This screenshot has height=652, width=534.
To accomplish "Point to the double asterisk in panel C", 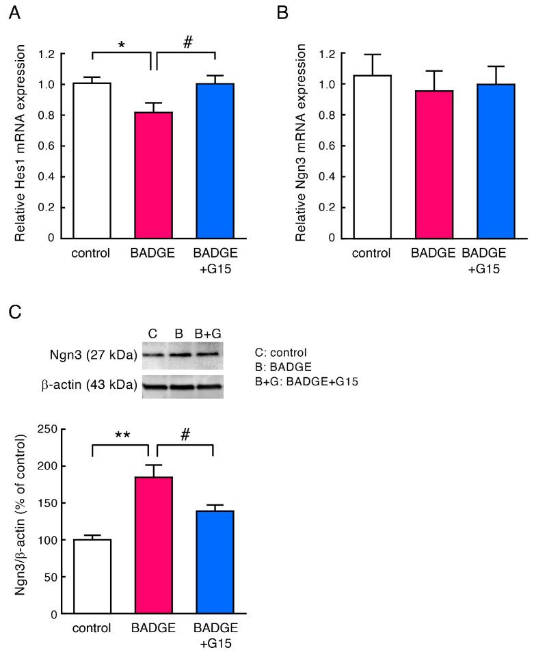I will coord(121,435).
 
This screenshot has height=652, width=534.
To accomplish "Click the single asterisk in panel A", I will coord(121,46).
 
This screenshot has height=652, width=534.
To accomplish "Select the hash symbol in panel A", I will coord(187,42).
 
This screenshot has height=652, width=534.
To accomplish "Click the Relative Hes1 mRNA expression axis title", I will coord(22,143).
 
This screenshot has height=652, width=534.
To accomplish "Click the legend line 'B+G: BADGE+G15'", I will coord(306,381).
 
